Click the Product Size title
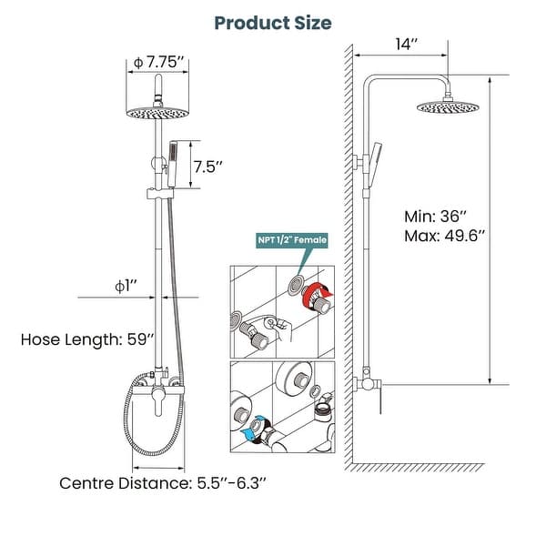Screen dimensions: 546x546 pyautogui.click(x=273, y=22)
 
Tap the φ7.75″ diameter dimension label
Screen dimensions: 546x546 pyautogui.click(x=159, y=62)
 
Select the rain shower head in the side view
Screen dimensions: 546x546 pyautogui.click(x=448, y=107)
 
